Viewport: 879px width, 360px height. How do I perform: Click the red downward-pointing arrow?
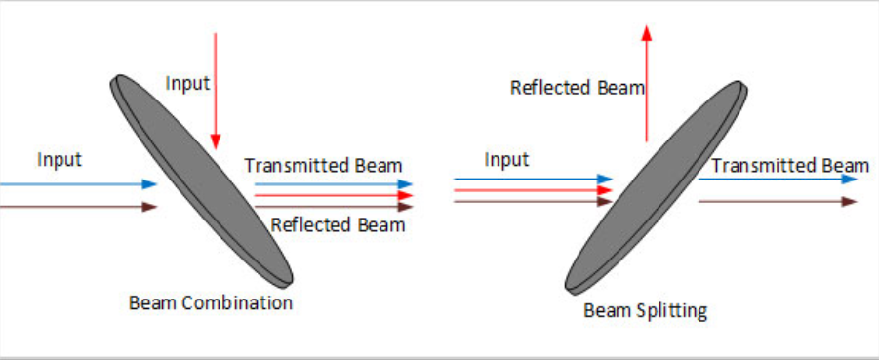(x=216, y=92)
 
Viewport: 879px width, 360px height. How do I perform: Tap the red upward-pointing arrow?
(x=647, y=83)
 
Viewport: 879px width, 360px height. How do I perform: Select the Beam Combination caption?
(x=211, y=302)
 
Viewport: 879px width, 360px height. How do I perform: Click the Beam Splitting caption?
(x=646, y=310)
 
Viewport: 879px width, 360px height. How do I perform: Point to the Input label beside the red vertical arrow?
(x=187, y=84)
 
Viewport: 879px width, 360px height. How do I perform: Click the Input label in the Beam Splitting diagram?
(x=506, y=160)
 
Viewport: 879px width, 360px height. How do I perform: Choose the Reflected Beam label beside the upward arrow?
(x=578, y=88)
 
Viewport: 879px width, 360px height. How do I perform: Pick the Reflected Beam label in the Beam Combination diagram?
(x=338, y=224)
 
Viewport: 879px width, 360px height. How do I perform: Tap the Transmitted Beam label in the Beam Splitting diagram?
(x=790, y=166)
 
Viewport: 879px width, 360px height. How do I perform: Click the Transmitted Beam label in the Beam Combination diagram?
(x=324, y=166)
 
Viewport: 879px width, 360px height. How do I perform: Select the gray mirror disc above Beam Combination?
(x=202, y=180)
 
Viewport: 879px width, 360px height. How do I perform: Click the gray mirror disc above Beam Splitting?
(x=657, y=186)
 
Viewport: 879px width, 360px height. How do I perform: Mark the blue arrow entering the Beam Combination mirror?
(x=78, y=184)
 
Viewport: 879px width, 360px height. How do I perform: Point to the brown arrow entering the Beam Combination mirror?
(x=78, y=207)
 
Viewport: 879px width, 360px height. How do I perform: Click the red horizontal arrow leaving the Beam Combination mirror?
(x=334, y=196)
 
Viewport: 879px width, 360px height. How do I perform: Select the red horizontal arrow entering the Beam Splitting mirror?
(x=533, y=190)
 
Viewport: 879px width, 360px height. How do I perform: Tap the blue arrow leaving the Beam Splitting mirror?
(x=779, y=179)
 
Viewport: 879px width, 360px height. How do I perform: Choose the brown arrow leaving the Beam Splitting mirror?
(x=779, y=201)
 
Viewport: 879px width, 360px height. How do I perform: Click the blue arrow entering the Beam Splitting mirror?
(x=533, y=179)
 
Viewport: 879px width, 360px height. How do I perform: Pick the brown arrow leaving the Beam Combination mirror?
(x=334, y=207)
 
